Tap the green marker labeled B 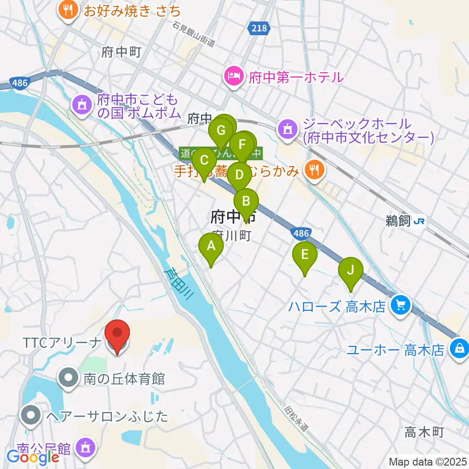[x=246, y=201]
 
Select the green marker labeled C [x=204, y=161]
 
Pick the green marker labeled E [x=305, y=255]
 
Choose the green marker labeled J [x=350, y=270]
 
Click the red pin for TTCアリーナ [x=118, y=334]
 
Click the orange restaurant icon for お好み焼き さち [x=68, y=10]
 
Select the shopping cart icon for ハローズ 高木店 [x=401, y=307]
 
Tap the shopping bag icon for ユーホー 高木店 [x=459, y=349]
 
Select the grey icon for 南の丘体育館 [x=68, y=378]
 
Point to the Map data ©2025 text [x=427, y=461]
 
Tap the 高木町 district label [x=424, y=432]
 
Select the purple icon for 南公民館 [x=86, y=447]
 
